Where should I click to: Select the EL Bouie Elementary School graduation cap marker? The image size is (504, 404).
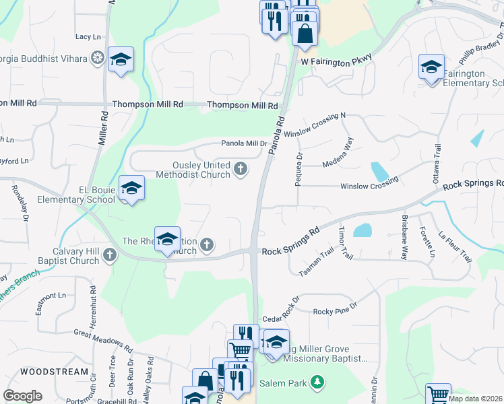131,188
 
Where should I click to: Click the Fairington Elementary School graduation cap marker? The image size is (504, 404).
431,67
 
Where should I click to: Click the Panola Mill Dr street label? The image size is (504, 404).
245,143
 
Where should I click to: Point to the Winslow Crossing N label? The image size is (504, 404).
314,125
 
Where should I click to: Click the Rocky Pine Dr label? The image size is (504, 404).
335,311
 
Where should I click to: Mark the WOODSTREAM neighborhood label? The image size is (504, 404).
55,372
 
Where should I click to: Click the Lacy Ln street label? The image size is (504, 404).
88,36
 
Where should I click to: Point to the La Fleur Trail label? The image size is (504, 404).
454,247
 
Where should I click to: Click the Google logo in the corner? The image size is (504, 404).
22,396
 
